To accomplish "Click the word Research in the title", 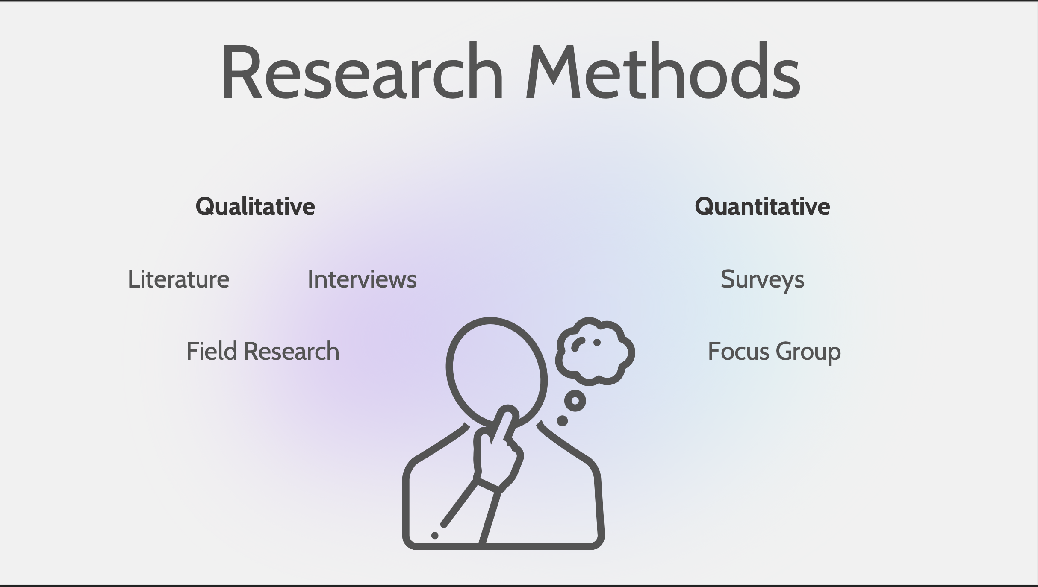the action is coord(362,71).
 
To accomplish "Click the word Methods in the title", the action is coord(663,71).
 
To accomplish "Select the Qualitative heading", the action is coord(255,207).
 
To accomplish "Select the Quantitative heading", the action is coord(762,207).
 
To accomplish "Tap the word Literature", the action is coord(179,279).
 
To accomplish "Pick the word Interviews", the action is coord(362,279).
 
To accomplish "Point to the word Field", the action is coord(212,351).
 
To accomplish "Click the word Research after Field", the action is coord(292,352).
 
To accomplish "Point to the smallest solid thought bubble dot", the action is coord(562,421).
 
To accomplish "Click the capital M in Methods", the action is coord(553,71).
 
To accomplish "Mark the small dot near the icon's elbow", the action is coord(435,535).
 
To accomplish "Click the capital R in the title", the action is coord(242,71).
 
